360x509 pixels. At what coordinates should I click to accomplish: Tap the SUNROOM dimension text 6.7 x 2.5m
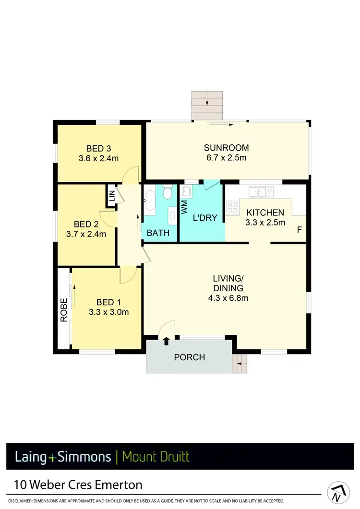coord(226,157)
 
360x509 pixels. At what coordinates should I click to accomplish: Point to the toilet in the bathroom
coord(167,193)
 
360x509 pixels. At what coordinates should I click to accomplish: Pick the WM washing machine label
coord(184,208)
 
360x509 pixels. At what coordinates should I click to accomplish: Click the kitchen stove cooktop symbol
coord(232,208)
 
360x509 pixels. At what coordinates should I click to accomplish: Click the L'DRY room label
coord(205,218)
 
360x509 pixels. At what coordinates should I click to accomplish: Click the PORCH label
coord(190,357)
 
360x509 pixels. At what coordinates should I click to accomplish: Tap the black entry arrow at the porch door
coord(167,341)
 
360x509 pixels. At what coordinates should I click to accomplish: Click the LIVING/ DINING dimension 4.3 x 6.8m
coord(228,298)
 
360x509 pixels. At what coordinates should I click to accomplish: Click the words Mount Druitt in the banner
coord(156,456)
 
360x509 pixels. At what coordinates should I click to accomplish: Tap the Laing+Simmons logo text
coord(62,456)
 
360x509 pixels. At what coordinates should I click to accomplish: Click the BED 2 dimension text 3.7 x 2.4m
coord(87,234)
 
